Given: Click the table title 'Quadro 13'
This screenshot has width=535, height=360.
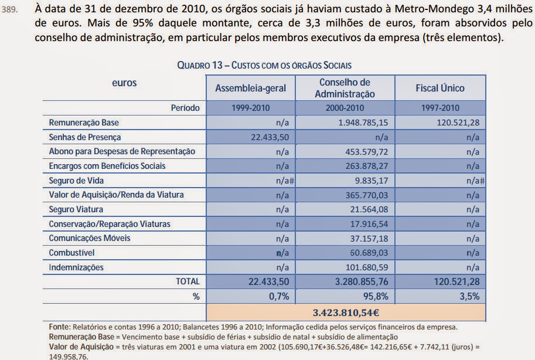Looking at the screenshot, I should [x=264, y=64].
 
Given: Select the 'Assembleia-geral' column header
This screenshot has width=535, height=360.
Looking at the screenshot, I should [x=251, y=89].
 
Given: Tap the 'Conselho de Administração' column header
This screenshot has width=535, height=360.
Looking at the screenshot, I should [x=345, y=88].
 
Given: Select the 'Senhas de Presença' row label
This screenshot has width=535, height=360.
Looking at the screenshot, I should [x=85, y=137].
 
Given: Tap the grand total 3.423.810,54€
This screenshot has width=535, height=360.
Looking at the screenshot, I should [x=346, y=311].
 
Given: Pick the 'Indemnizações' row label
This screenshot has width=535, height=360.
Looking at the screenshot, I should [x=76, y=267].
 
